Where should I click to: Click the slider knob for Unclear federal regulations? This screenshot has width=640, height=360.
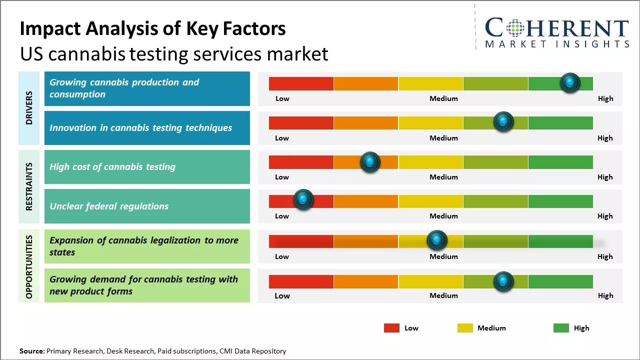(x=303, y=199)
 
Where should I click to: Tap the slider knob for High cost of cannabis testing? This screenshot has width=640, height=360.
(x=370, y=162)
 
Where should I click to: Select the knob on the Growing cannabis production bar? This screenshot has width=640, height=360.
(x=570, y=82)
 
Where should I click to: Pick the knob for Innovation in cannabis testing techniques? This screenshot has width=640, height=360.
(x=503, y=121)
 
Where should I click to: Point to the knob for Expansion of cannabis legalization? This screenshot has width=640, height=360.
(x=437, y=240)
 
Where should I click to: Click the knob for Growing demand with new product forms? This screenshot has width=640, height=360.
(x=503, y=281)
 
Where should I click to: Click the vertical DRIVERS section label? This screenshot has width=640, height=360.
(x=28, y=108)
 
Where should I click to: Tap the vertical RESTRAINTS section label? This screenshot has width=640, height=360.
(x=28, y=186)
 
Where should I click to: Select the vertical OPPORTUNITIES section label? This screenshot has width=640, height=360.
(x=28, y=266)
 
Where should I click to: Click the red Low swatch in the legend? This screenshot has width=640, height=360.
(x=391, y=328)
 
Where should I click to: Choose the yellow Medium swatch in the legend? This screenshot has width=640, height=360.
(x=465, y=328)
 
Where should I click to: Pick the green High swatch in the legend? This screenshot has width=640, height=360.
(x=561, y=328)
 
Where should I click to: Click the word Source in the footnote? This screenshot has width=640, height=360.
(x=32, y=351)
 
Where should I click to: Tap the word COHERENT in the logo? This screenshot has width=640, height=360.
(x=556, y=28)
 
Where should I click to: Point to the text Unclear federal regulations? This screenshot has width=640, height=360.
(x=109, y=206)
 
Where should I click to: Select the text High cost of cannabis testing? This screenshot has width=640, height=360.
(x=112, y=167)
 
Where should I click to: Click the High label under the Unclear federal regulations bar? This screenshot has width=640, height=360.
(x=605, y=216)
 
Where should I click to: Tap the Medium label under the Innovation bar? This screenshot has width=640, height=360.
(x=443, y=138)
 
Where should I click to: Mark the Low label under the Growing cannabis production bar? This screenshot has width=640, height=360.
(x=282, y=98)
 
